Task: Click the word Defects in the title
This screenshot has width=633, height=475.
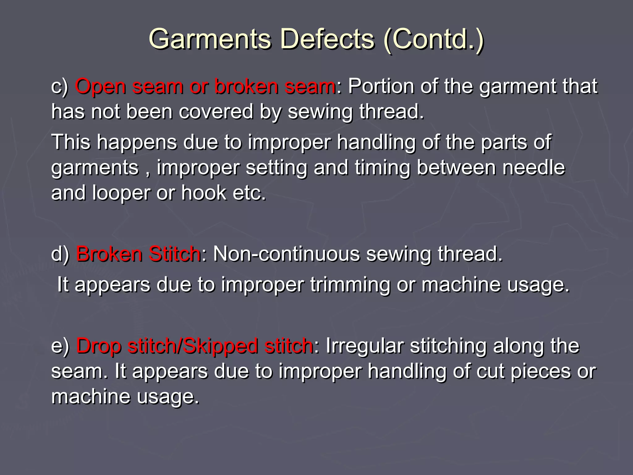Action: point(327,39)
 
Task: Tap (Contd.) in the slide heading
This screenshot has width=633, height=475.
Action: point(433,39)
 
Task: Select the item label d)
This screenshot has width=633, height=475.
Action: point(60,254)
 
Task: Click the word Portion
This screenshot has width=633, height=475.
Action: point(381,87)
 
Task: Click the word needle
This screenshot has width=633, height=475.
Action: point(533,168)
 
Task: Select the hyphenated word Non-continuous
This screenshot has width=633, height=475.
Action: point(287,254)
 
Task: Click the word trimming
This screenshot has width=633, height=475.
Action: point(350,285)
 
